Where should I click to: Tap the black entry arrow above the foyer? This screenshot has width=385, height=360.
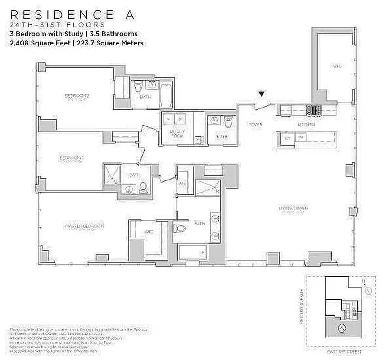(x=261, y=94)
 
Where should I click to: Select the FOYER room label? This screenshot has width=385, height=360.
(x=255, y=125)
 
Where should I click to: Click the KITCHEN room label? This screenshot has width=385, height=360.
(x=306, y=125)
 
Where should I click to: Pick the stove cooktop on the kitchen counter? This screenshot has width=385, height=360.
(x=313, y=110)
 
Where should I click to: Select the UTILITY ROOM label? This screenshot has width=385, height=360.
(x=177, y=133)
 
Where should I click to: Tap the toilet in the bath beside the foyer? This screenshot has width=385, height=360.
(x=230, y=122)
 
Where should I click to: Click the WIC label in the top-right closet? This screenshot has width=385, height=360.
(x=336, y=66)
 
